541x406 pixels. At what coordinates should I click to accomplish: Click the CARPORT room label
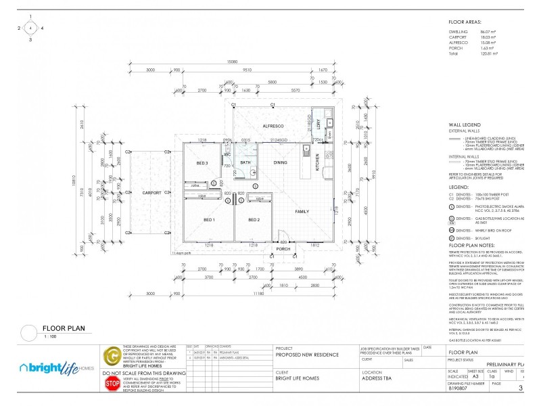pyautogui.click(x=151, y=193)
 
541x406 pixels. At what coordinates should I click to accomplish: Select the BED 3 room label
pyautogui.click(x=202, y=164)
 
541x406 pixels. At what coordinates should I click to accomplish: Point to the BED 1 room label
pyautogui.click(x=209, y=220)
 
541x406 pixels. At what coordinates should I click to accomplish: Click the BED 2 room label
pyautogui.click(x=254, y=220)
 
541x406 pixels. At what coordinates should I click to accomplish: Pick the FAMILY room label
pyautogui.click(x=302, y=211)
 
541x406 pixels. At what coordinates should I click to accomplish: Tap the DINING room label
pyautogui.click(x=281, y=163)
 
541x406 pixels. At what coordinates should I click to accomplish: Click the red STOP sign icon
pyautogui.click(x=112, y=384)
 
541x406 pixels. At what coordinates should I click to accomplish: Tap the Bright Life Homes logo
pyautogui.click(x=57, y=367)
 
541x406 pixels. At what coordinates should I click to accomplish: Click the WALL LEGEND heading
pyautogui.click(x=465, y=125)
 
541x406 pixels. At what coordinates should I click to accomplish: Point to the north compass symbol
pyautogui.click(x=30, y=28)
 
